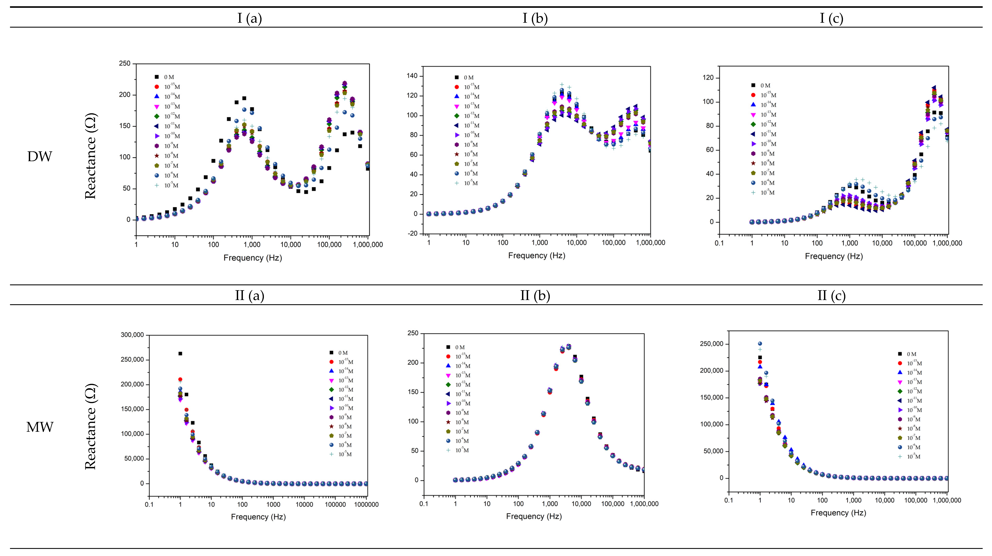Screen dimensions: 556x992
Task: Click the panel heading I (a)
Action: pyautogui.click(x=249, y=18)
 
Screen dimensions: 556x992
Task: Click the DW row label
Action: pyautogui.click(x=40, y=157)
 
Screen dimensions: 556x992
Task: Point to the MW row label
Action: pyautogui.click(x=40, y=427)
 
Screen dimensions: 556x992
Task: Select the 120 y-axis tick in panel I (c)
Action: pyautogui.click(x=708, y=78)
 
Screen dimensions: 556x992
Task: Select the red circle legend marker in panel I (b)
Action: pyautogui.click(x=457, y=87)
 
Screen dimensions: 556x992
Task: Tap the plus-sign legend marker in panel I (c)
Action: pyautogui.click(x=753, y=193)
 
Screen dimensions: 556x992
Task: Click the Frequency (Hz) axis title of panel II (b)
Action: pyautogui.click(x=534, y=516)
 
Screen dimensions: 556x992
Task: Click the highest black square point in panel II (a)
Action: pyautogui.click(x=180, y=354)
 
